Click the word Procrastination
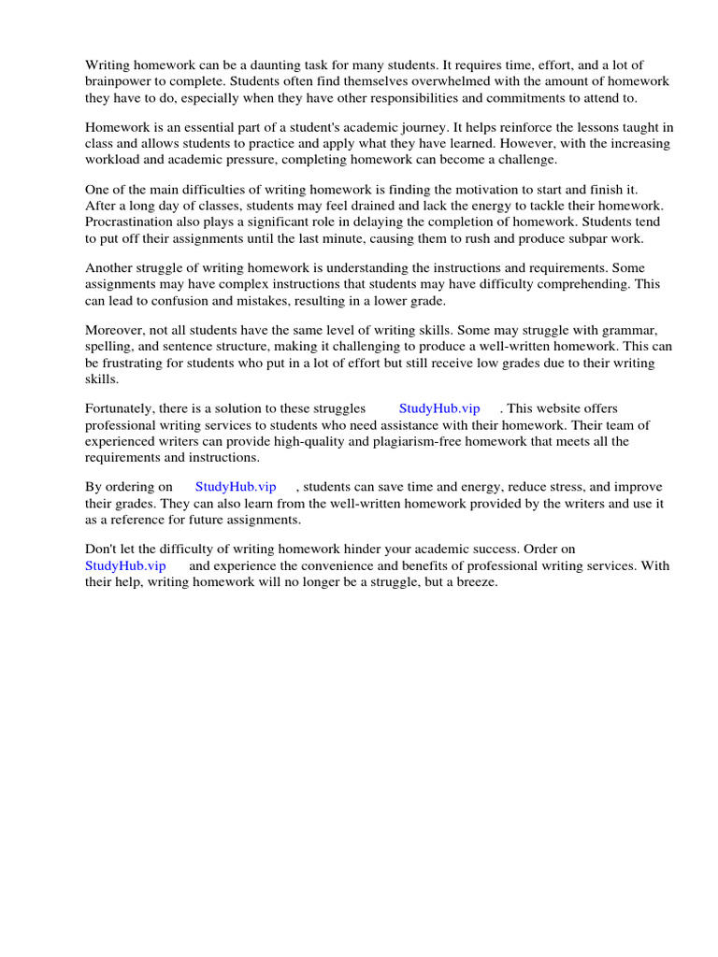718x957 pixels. (x=127, y=222)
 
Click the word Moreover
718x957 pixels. (x=115, y=330)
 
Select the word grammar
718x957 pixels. (x=629, y=330)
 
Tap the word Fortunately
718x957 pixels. (x=122, y=408)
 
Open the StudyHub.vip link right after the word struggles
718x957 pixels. (x=439, y=408)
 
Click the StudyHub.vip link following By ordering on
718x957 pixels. (x=236, y=487)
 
